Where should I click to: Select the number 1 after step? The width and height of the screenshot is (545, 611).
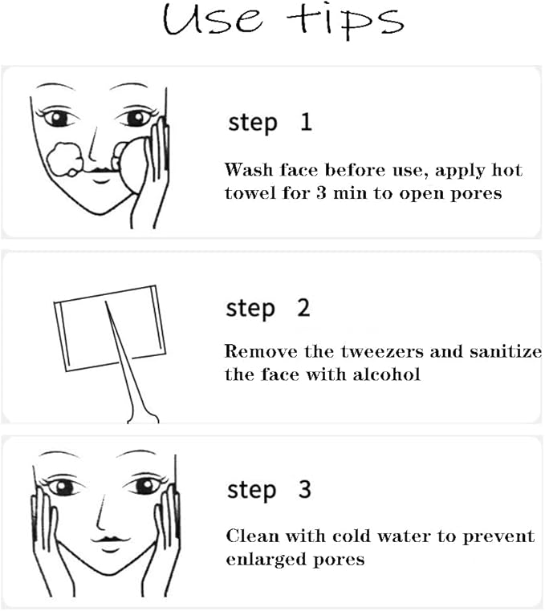click(305, 122)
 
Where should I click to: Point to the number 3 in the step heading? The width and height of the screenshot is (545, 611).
click(305, 489)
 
